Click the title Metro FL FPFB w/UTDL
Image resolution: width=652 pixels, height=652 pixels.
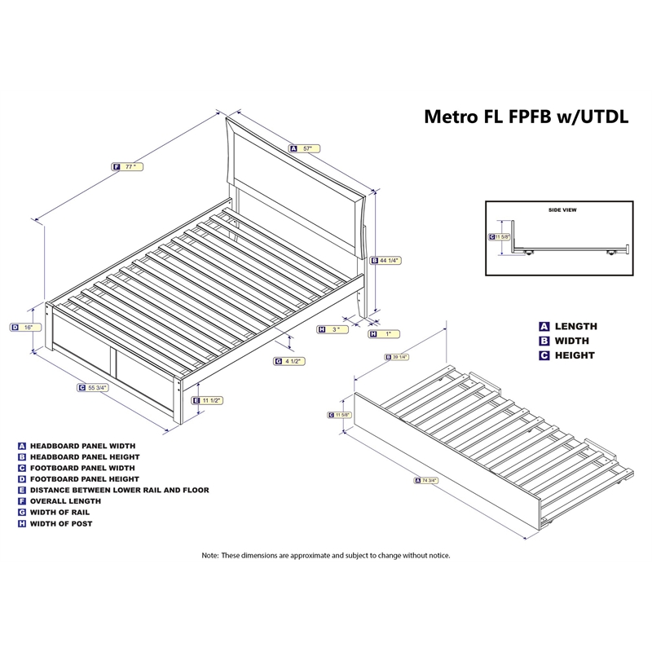526,116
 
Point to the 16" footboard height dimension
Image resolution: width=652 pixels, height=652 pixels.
27,327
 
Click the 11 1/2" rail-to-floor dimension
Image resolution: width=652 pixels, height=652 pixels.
210,400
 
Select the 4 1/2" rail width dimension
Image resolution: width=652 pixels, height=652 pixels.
293,360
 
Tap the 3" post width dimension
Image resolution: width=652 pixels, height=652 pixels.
333,329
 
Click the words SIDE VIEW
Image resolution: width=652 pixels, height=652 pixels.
562,209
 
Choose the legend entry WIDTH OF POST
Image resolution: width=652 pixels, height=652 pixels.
61,523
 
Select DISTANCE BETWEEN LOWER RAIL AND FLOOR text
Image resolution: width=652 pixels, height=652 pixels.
119,490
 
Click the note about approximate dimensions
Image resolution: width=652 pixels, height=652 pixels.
326,555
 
